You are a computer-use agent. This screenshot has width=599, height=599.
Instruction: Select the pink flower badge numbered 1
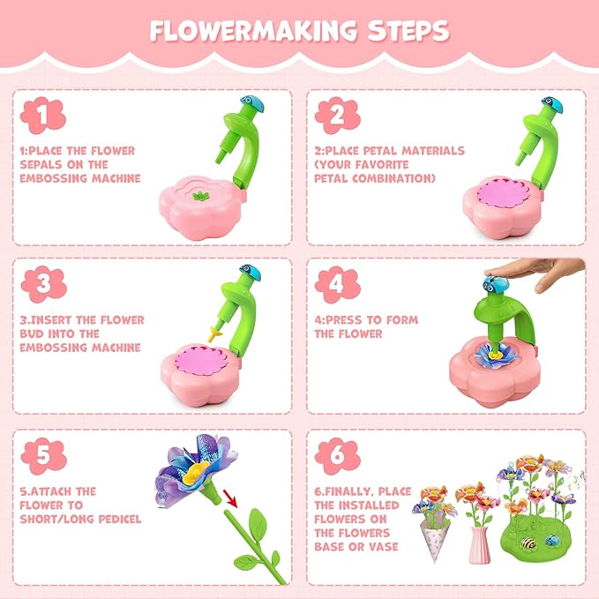[x=41, y=114]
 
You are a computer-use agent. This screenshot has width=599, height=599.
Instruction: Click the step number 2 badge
[x=335, y=114]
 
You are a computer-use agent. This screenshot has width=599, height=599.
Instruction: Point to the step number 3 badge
[x=41, y=282]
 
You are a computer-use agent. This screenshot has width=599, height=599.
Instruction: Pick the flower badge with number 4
[x=335, y=282]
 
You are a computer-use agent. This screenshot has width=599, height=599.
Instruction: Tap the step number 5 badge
[x=41, y=453]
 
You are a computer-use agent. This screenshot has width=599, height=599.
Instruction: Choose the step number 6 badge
[x=335, y=453]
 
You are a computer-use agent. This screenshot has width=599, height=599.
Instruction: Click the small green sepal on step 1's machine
[x=204, y=194]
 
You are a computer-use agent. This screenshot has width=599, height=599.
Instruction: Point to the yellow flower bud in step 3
[x=213, y=333]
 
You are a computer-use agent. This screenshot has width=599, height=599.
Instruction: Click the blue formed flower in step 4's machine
[x=494, y=352]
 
